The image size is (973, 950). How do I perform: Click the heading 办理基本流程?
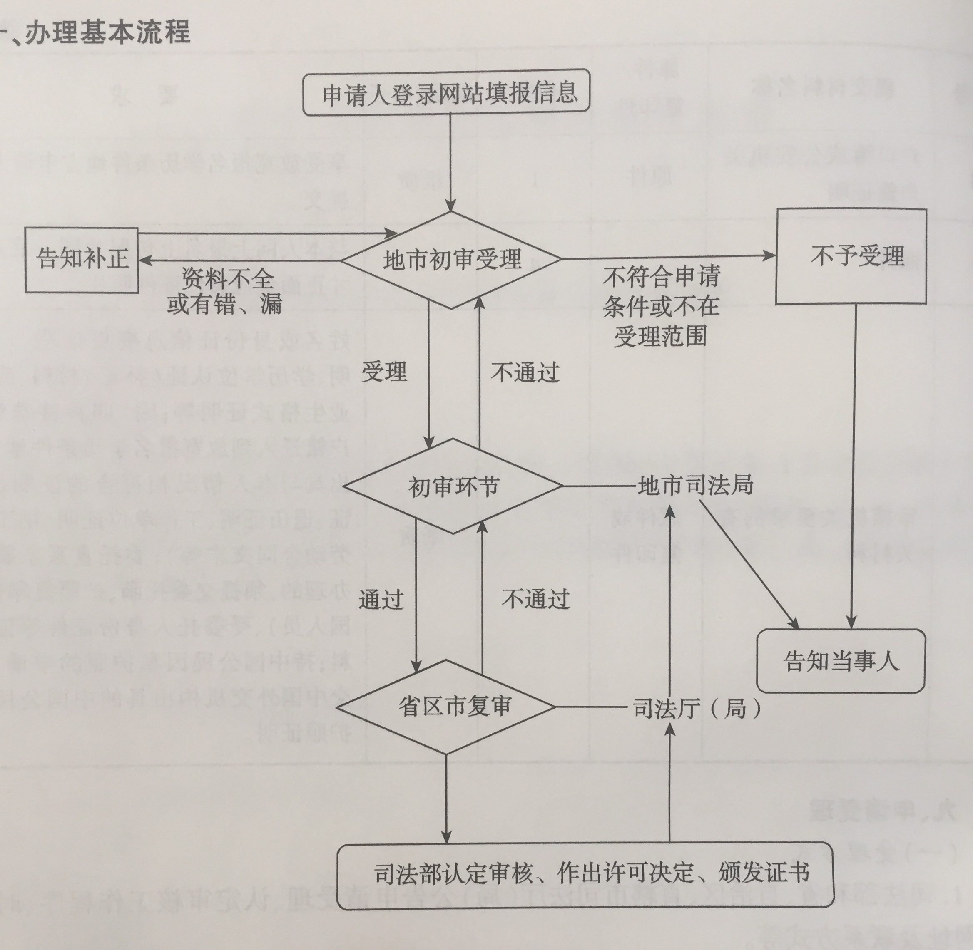[x=107, y=32]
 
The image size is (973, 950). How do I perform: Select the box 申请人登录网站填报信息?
[x=447, y=93]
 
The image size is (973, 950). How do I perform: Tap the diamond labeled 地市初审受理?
[x=452, y=260]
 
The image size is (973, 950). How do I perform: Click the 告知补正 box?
[x=82, y=260]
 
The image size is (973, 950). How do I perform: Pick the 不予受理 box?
[x=851, y=256]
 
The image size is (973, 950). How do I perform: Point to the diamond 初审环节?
[x=453, y=486]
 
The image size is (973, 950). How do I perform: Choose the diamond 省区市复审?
[x=446, y=707]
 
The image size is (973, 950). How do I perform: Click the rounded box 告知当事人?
[x=841, y=662]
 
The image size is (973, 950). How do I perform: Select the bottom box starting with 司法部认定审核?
[x=585, y=872]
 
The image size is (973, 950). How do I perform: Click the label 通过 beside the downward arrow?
[x=381, y=599]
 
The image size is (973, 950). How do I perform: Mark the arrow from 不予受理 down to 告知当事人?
[x=854, y=464]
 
